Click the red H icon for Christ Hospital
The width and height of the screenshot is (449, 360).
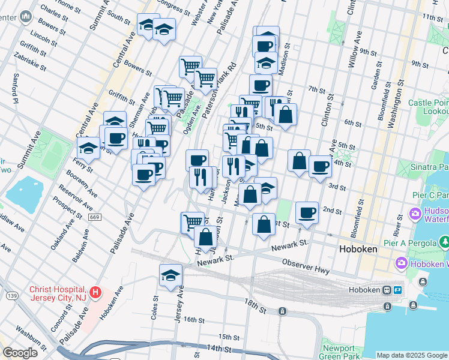point(96,294)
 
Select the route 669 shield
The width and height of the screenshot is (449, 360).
point(94,217)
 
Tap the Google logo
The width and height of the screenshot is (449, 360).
point(20,353)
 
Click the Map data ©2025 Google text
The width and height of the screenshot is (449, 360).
point(412,355)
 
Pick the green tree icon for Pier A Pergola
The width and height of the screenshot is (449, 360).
point(445,242)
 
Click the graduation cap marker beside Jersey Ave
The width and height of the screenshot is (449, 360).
point(171,275)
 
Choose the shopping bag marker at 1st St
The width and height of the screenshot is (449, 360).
point(264,224)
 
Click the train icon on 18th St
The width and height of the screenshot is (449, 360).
point(282,311)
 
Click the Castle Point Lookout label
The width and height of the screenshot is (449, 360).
point(429,107)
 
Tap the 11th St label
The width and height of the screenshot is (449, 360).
point(432,17)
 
